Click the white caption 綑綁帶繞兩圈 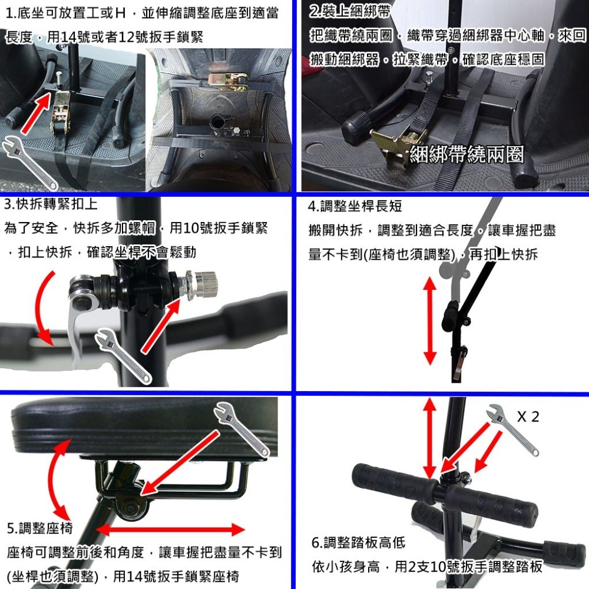(x=466, y=155)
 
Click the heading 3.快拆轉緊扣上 (x=51, y=204)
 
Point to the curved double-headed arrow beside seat (x=56, y=477)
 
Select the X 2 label (x=528, y=417)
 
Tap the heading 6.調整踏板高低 (x=358, y=542)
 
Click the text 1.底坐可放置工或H (x=71, y=12)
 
